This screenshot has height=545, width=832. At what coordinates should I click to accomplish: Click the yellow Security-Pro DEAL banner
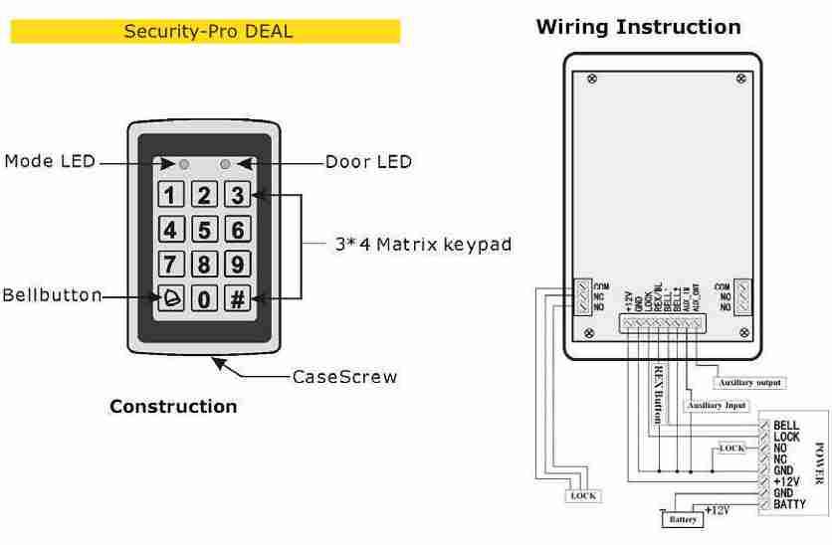tap(205, 32)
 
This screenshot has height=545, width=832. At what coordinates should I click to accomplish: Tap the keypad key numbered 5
tap(204, 231)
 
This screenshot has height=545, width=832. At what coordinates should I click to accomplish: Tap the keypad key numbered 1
tap(170, 196)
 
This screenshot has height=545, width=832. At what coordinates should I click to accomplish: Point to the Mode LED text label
tap(50, 162)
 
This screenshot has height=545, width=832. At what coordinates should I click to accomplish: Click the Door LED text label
tap(369, 162)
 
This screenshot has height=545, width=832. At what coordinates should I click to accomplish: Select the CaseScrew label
tap(344, 377)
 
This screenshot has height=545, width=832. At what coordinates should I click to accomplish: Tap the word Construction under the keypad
tap(173, 406)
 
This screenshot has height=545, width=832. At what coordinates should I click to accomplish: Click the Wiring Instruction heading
tap(638, 27)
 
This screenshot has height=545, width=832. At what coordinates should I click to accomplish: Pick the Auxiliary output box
tap(750, 382)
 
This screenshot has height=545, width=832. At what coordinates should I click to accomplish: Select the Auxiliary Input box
tap(717, 406)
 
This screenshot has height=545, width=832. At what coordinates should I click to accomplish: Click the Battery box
tap(682, 519)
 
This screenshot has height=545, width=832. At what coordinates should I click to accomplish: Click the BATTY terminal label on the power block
tap(790, 504)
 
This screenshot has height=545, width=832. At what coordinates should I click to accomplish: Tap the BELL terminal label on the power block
tap(786, 426)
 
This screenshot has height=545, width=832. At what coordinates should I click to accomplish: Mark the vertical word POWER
tap(819, 463)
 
